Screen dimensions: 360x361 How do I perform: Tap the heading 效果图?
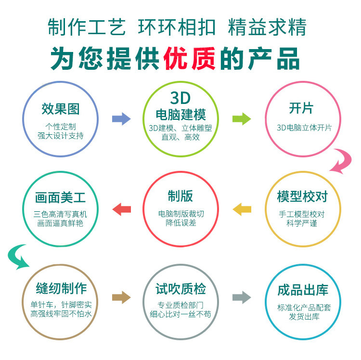60,109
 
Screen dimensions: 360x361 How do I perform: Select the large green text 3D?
180,98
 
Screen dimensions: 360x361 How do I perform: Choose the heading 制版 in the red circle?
180,196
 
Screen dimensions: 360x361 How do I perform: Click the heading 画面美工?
60,197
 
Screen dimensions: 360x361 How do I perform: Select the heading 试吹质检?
180,289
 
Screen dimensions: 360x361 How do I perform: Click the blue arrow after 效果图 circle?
121,118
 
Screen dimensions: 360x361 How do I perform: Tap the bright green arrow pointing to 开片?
242,118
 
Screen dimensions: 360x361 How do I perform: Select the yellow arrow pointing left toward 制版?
242,209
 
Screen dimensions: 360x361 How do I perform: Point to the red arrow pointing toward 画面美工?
121,209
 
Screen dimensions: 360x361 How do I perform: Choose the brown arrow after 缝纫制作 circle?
121,298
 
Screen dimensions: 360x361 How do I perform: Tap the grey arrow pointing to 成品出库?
242,298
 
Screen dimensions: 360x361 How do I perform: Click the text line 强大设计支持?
60,136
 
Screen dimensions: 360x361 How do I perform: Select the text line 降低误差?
180,223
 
